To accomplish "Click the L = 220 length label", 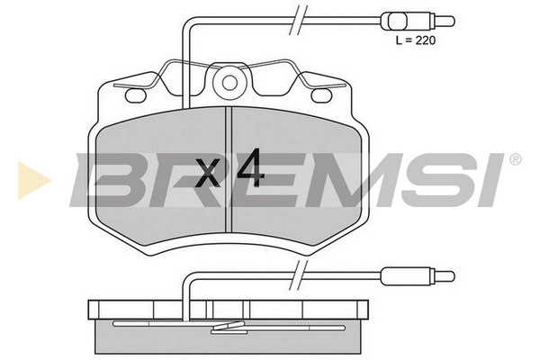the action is [x=416, y=40].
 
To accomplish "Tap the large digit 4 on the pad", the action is [x=251, y=167].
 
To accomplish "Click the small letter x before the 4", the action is [x=207, y=174].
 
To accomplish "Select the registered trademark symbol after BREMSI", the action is [x=515, y=159].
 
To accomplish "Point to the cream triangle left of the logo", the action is [x=34, y=180].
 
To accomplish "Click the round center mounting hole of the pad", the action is [x=229, y=83].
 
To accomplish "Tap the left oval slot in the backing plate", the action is [x=136, y=95].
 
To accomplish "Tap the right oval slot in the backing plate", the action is [x=322, y=95].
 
